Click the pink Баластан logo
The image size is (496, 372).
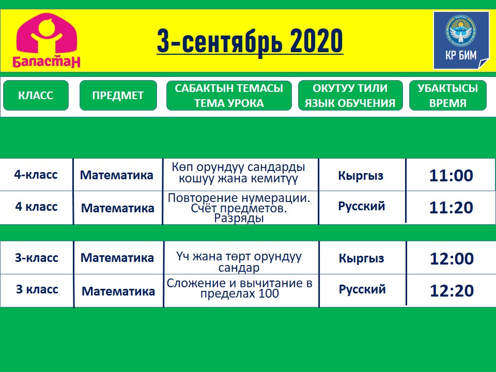47,40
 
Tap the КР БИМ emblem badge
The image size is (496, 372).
461,40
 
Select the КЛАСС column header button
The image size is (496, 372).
36,95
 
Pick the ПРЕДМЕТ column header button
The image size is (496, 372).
118,95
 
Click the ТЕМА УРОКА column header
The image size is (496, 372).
229,95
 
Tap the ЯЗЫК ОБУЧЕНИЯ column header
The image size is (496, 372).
350,95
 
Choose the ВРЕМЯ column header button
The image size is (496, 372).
447,95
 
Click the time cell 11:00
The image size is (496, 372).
451,176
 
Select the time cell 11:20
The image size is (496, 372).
451,208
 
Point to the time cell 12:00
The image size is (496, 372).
452,259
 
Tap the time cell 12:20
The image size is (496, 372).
452,291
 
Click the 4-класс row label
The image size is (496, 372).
36,175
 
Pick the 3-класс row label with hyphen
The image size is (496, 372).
37,258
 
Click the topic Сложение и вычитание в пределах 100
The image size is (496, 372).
239,288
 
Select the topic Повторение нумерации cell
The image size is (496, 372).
239,208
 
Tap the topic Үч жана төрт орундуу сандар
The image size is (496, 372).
239,262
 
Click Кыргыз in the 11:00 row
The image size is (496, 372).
361,176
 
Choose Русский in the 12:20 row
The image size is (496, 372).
362,289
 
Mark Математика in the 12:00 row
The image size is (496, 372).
117,258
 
